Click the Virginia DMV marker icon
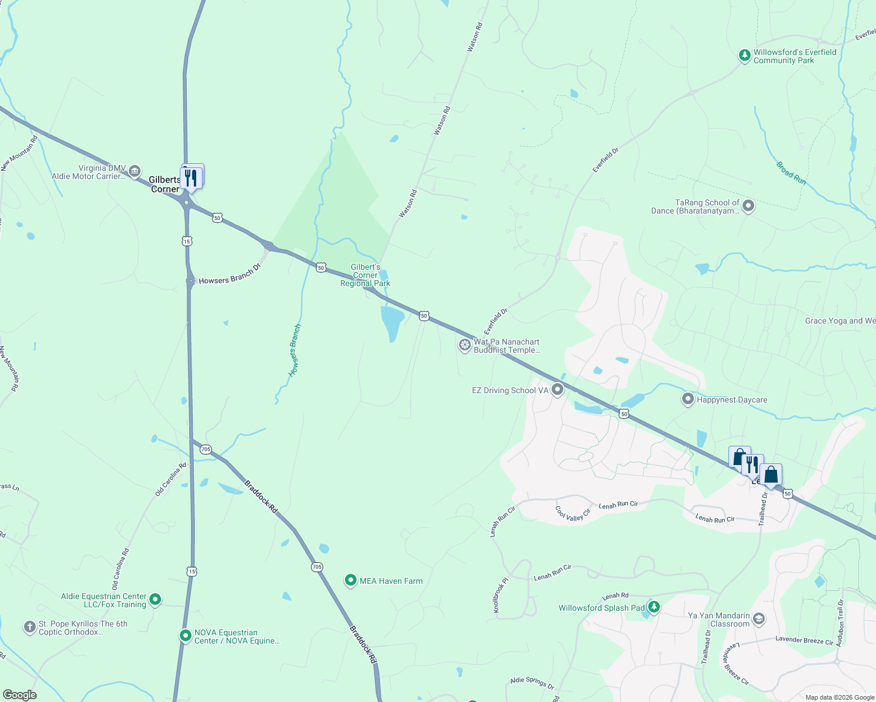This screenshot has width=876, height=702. tap(135, 171)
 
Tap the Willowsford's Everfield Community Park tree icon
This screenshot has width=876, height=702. tap(744, 56)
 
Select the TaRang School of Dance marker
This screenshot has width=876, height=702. tap(748, 206)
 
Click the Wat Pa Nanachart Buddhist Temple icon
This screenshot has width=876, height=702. tap(465, 345)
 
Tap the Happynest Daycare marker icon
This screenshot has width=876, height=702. tap(688, 399)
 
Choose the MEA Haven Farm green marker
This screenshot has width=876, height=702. tap(351, 580)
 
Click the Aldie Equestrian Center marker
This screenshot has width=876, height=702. tap(155, 599)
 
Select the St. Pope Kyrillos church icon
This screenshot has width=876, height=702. tap(30, 627)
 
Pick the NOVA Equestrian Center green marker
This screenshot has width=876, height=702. tap(186, 635)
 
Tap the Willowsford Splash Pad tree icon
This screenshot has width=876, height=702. tap(653, 607)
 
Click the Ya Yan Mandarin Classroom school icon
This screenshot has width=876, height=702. tap(759, 619)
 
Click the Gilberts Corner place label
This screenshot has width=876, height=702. tap(165, 184)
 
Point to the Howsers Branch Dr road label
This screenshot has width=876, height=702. tap(230, 276)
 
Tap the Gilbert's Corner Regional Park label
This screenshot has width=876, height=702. tap(365, 275)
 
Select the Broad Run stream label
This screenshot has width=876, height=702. tap(791, 173)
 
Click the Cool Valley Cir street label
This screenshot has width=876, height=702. tap(573, 514)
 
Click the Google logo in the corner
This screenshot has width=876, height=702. tap(20, 695)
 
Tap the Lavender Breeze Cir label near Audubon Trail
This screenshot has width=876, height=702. tap(804, 641)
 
